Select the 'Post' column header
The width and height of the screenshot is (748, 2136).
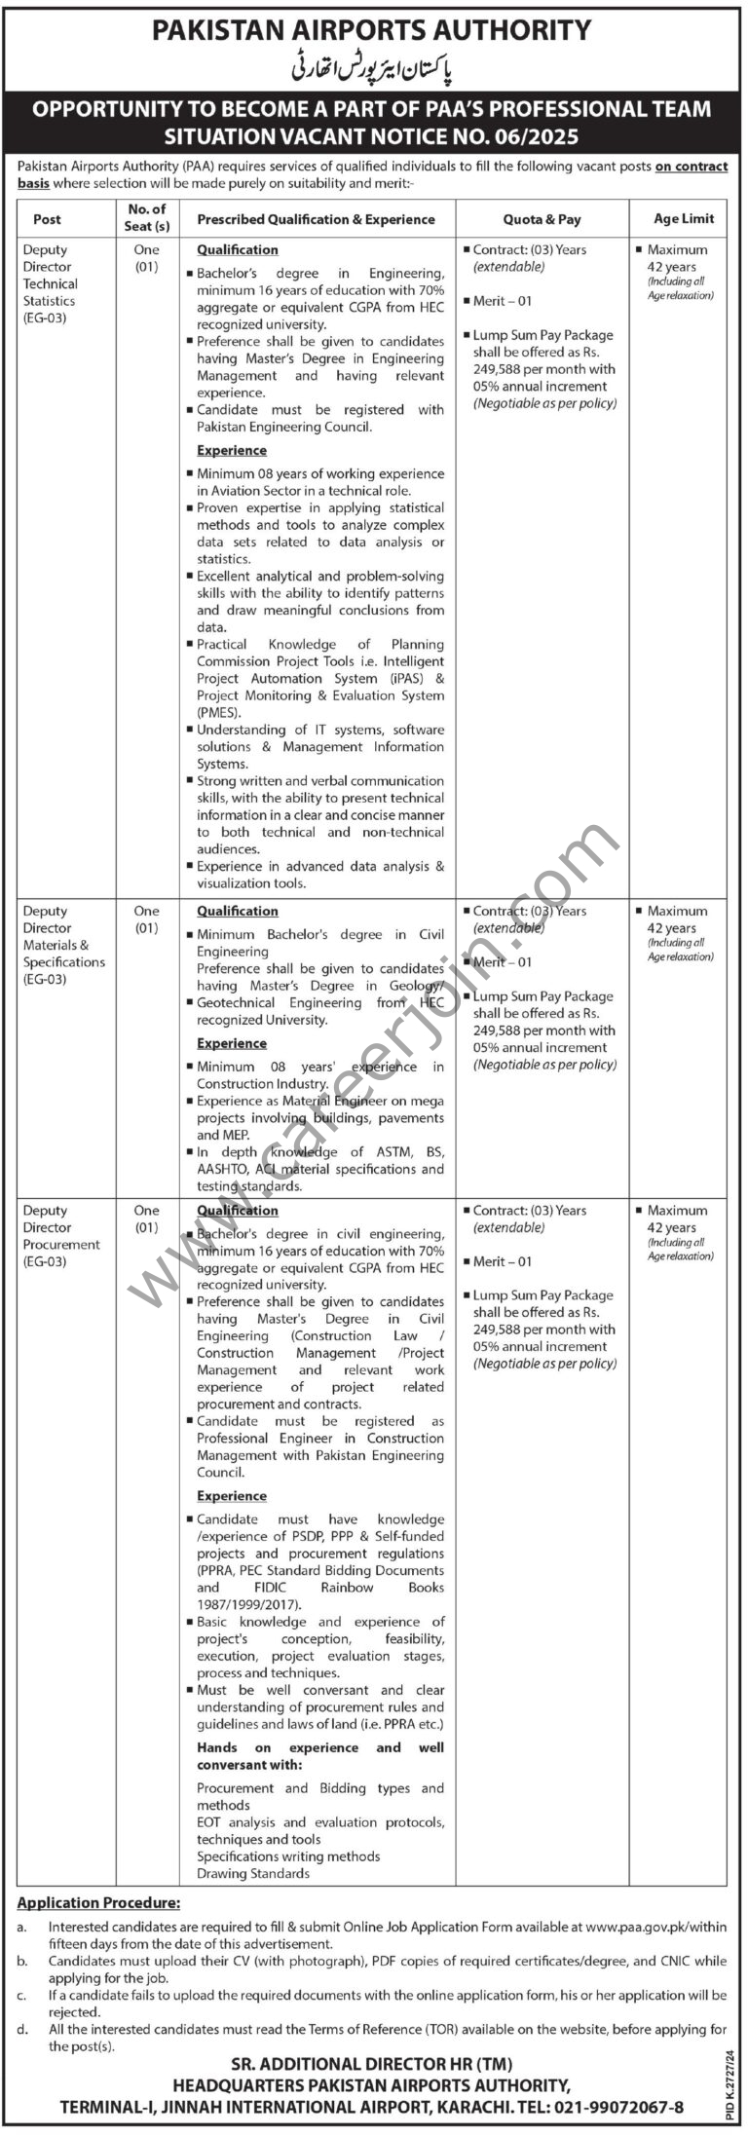[47, 219]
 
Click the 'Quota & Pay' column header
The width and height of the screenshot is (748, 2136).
[542, 219]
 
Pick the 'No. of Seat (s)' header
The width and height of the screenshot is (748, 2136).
[147, 217]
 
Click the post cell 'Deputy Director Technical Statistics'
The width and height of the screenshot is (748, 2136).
[51, 283]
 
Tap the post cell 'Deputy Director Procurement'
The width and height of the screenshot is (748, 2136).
[60, 1236]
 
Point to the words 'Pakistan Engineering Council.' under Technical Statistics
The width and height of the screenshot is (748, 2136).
[283, 427]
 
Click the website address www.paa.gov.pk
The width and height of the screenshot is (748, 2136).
[634, 1926]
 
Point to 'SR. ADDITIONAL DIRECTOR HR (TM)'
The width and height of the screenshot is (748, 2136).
[372, 2057]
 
